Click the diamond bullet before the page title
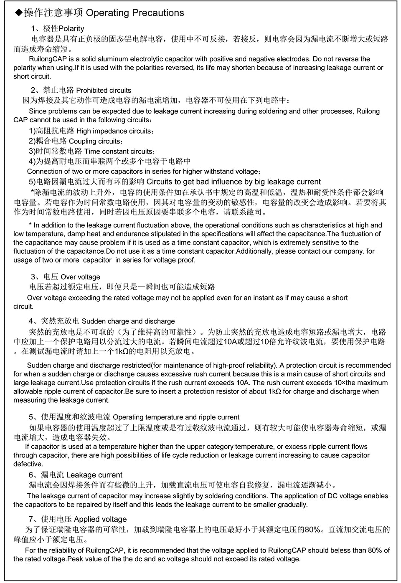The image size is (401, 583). [x=18, y=13]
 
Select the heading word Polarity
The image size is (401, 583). [x=71, y=29]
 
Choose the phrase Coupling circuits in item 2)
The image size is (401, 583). [x=94, y=141]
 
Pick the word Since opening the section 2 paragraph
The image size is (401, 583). [x=38, y=111]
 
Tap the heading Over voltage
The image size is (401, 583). [x=80, y=277]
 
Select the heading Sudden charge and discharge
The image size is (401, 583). [x=128, y=321]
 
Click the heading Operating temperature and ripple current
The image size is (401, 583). [x=176, y=417]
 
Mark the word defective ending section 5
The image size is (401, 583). [x=28, y=464]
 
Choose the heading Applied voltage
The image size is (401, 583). [x=100, y=519]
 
